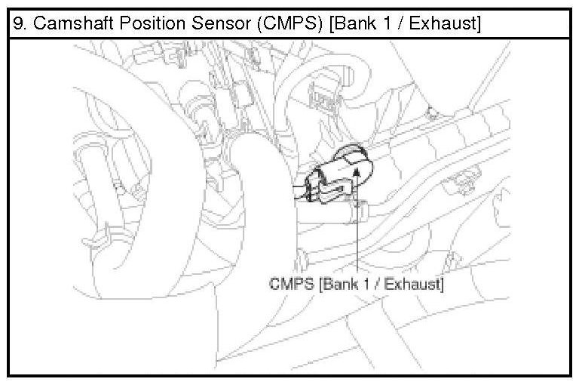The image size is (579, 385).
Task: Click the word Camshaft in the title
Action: (62, 24)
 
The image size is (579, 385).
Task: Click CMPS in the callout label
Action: (289, 285)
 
